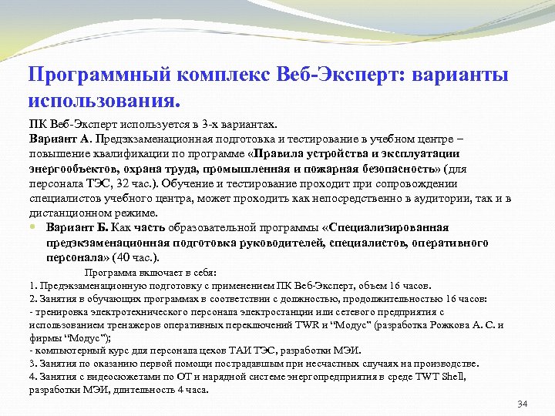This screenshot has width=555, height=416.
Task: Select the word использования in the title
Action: [103, 101]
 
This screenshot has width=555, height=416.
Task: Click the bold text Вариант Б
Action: [77, 228]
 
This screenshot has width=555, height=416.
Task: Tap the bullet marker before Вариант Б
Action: [33, 228]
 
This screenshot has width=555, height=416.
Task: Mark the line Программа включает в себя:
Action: [150, 272]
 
